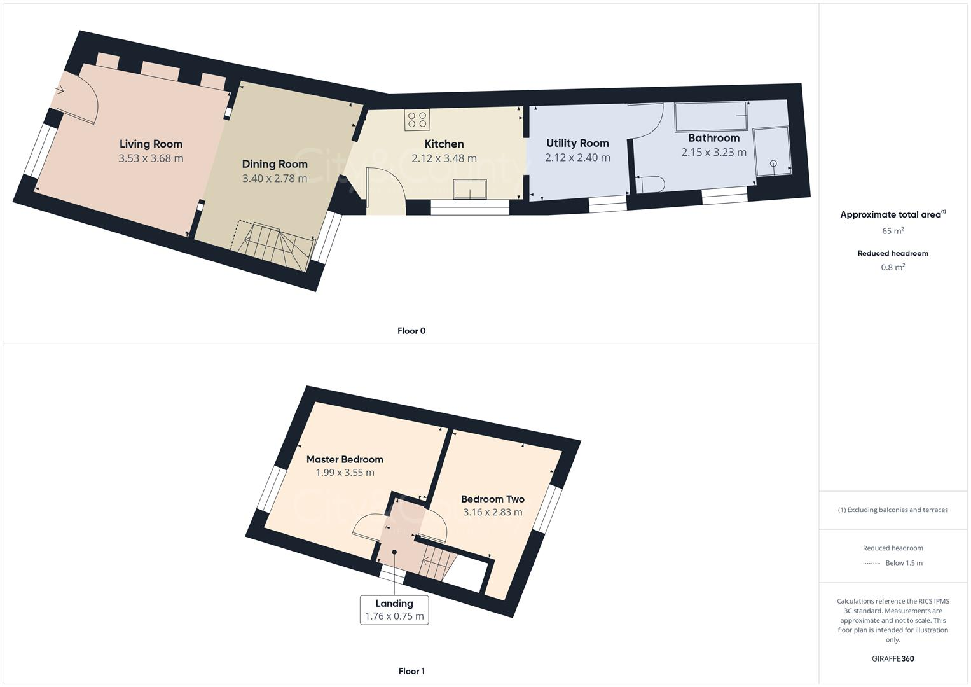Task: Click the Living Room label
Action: point(151,144)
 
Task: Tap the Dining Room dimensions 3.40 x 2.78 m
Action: point(275,179)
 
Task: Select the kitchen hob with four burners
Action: point(417,120)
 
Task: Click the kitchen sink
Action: point(470,190)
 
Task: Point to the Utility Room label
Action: point(577,143)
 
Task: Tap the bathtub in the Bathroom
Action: point(711,116)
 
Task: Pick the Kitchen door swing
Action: point(386,187)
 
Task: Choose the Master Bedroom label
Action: point(345,459)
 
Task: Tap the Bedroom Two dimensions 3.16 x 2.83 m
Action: point(493,512)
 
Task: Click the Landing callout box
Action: point(394,609)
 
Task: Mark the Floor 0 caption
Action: point(411,331)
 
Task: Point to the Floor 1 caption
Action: point(411,671)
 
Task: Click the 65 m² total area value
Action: point(893,231)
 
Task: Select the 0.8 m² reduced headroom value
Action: point(893,268)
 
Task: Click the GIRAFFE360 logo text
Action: point(893,658)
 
